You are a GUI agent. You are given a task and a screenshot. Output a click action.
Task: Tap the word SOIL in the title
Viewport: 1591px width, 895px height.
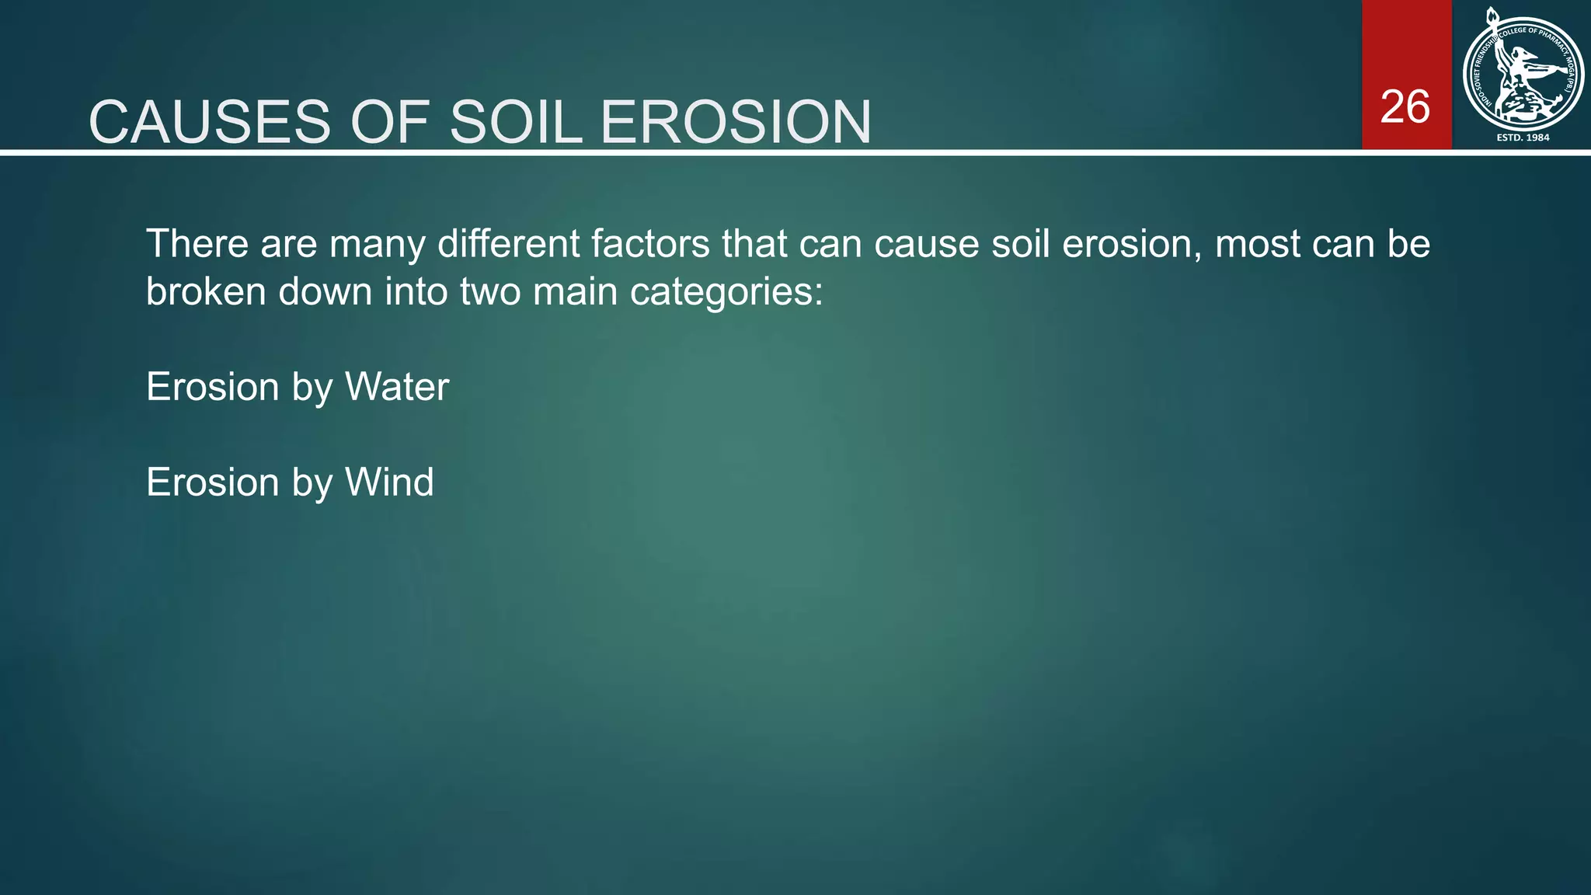(x=516, y=123)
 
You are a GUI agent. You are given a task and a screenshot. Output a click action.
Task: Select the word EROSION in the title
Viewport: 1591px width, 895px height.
(x=736, y=123)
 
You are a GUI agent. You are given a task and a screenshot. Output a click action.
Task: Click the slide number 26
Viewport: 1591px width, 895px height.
(x=1405, y=106)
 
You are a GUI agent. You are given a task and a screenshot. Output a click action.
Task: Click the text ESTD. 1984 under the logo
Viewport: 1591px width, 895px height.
(x=1523, y=138)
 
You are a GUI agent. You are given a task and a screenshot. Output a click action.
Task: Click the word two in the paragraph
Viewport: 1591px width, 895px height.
(x=500, y=292)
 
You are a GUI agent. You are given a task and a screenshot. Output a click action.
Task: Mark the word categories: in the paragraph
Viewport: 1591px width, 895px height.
(x=726, y=292)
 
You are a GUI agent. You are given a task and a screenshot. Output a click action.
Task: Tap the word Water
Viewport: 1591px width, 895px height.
(x=397, y=387)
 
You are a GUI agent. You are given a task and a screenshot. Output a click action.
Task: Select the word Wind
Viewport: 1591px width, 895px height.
(x=389, y=482)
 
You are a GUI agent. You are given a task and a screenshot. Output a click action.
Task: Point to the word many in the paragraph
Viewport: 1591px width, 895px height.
(x=377, y=244)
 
